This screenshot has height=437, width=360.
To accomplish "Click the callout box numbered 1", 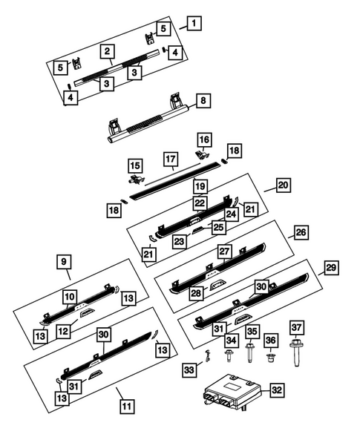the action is (x=194, y=24).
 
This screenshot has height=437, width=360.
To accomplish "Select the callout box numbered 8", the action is (x=203, y=101).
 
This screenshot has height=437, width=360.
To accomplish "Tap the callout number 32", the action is (x=277, y=390).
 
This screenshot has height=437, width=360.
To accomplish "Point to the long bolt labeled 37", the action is (x=295, y=352).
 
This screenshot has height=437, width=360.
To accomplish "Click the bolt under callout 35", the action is (x=249, y=353).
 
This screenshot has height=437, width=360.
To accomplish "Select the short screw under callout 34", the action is (x=229, y=356).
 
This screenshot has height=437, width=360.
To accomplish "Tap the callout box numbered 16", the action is (x=204, y=140).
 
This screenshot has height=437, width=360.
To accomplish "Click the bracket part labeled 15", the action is (x=136, y=180).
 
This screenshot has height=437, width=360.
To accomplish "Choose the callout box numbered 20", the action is (x=284, y=185).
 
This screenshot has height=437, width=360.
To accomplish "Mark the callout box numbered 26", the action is (x=301, y=232).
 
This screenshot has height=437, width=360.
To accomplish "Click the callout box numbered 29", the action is (x=331, y=268).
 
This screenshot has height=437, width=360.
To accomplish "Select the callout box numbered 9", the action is (x=64, y=262).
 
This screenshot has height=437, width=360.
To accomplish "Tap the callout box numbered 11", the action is (x=127, y=407).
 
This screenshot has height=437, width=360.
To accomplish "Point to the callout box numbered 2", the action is (x=108, y=51).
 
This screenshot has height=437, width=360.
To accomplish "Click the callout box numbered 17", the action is (x=171, y=159).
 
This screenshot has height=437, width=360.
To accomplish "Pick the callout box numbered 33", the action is (x=189, y=369).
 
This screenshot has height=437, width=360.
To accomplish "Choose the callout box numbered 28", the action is (x=196, y=293).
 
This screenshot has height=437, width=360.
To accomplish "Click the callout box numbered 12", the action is (x=63, y=332).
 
